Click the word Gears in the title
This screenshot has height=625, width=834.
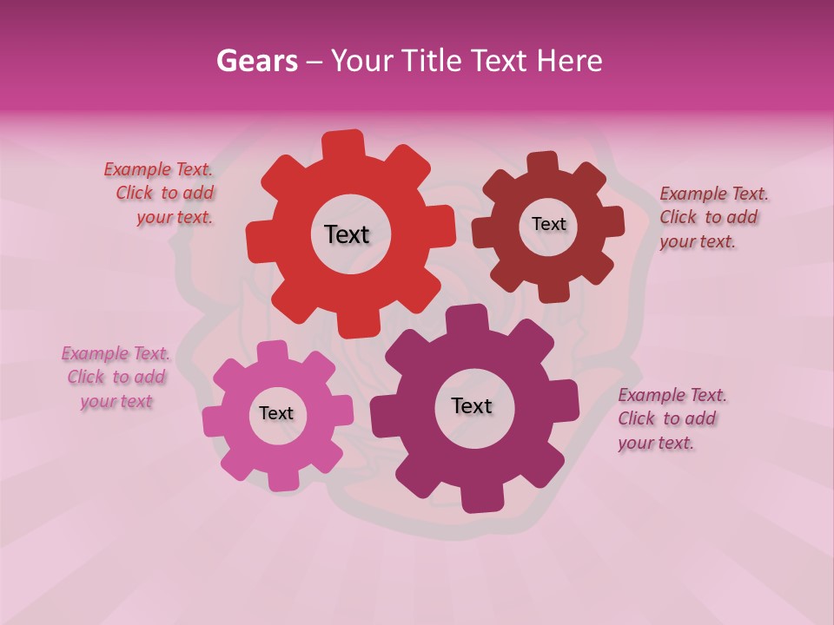click(256, 61)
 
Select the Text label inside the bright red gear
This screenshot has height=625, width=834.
click(347, 234)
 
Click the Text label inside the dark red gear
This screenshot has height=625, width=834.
click(548, 224)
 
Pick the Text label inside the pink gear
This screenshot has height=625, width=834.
click(276, 413)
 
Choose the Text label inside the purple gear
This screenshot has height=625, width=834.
click(472, 405)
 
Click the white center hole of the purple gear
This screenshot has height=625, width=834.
click(474, 425)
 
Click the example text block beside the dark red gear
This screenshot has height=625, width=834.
click(712, 217)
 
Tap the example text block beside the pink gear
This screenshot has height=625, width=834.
click(116, 378)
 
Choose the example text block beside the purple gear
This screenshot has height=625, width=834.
click(672, 418)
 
